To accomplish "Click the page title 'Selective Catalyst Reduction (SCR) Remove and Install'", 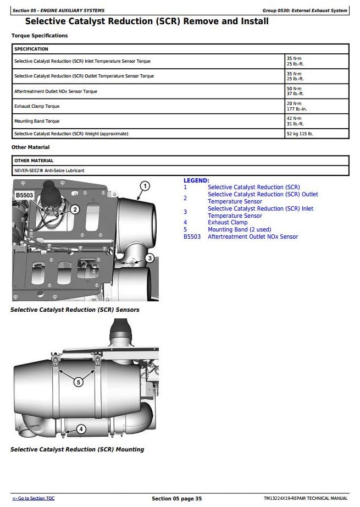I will tap(147, 21).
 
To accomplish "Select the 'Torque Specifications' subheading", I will tap(40, 36).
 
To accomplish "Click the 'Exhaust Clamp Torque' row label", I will tap(37, 106).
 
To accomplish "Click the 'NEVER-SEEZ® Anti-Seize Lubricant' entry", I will tap(49, 170).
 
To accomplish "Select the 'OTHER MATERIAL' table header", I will tap(34, 161).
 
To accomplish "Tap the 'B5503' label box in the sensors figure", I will tap(25, 195).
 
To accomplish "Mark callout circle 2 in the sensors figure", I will tap(75, 210).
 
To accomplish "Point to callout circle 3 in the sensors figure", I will tap(149, 258).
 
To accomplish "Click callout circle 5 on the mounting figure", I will tap(78, 382).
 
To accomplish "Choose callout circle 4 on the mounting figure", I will tap(80, 429).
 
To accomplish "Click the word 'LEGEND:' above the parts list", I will tap(196, 180).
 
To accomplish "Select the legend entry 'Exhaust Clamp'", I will tap(228, 223).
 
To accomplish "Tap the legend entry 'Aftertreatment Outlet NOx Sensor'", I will tap(253, 237).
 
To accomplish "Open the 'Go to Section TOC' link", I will tap(34, 498).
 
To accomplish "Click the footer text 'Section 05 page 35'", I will tap(176, 499).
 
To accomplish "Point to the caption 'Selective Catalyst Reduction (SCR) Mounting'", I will tap(77, 449).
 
